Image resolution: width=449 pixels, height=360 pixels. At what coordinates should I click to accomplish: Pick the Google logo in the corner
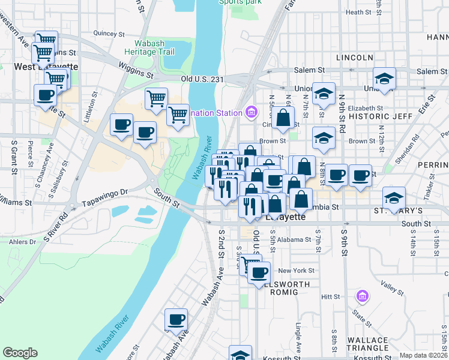click(20, 353)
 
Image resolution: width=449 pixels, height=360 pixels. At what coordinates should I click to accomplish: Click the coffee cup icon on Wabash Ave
click(176, 320)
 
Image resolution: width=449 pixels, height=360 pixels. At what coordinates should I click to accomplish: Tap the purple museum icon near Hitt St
click(361, 296)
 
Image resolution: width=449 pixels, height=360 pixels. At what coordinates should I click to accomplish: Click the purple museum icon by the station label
click(251, 112)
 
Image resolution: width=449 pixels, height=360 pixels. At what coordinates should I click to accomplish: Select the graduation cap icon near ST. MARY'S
click(394, 197)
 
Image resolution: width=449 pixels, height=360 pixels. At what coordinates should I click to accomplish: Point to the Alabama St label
click(294, 239)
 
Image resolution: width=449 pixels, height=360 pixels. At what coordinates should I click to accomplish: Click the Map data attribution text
click(423, 355)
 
